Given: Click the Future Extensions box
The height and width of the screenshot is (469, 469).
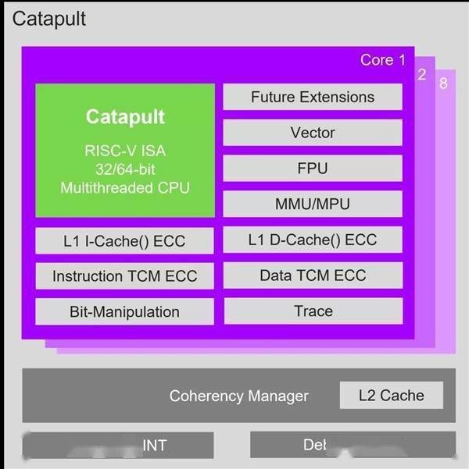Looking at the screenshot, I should [313, 97].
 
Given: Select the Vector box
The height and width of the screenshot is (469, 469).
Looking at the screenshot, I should [313, 133].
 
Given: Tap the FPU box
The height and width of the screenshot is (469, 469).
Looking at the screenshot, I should [313, 169].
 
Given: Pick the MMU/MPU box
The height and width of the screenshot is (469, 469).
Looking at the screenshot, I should [313, 204].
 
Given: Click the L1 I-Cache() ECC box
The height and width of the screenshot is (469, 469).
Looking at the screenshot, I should [125, 240].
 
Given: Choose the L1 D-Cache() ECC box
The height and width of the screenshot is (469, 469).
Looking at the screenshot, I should [313, 240].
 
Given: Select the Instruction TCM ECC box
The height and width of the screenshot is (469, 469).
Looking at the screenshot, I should [125, 275].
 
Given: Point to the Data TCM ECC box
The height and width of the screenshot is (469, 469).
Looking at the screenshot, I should [313, 275].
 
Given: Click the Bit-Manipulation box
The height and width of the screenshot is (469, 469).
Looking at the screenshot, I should [125, 311].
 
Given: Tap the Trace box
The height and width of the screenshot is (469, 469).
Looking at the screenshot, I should [313, 311].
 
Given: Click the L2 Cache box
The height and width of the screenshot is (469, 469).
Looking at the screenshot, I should [390, 395].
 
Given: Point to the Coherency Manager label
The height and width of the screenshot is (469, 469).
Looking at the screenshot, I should [239, 396].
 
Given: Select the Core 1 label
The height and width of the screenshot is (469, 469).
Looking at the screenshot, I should [383, 60].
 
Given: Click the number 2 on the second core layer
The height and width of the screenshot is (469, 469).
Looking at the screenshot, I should [422, 75].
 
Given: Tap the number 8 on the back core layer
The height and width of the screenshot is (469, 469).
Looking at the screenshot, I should [443, 83].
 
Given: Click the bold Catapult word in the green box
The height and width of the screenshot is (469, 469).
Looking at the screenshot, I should [125, 118].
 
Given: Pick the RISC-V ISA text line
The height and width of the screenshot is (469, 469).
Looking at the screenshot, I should [125, 151].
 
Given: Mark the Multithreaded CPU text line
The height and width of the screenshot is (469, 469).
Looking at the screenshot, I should [125, 187].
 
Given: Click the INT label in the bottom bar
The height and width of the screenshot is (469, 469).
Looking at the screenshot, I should [154, 446].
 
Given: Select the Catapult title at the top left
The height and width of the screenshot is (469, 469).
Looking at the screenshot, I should [48, 18].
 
